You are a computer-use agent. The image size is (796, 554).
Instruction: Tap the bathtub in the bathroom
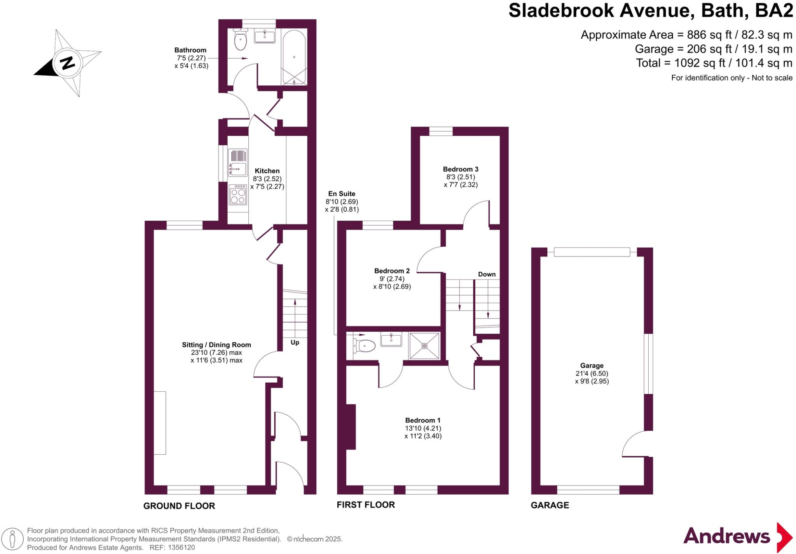point(294,57)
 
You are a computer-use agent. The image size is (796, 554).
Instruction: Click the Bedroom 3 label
point(461,169)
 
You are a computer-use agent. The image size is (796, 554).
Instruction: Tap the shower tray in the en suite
point(424,345)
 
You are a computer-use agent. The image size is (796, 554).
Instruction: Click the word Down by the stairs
point(487,274)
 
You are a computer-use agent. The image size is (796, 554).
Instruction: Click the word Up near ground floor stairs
point(295,342)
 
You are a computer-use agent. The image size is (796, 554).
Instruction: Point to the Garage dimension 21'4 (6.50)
point(592,373)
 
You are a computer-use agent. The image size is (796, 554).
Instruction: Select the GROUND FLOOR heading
point(179,506)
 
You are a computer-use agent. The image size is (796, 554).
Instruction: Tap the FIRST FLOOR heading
point(365,505)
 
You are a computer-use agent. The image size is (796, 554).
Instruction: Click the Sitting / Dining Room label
point(216,345)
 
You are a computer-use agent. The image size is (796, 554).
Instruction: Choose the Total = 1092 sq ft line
point(714,63)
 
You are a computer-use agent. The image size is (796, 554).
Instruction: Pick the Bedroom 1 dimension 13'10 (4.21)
point(423,428)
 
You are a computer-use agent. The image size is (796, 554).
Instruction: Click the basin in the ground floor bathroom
point(265,37)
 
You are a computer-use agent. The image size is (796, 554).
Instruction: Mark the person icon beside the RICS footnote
point(13,539)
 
